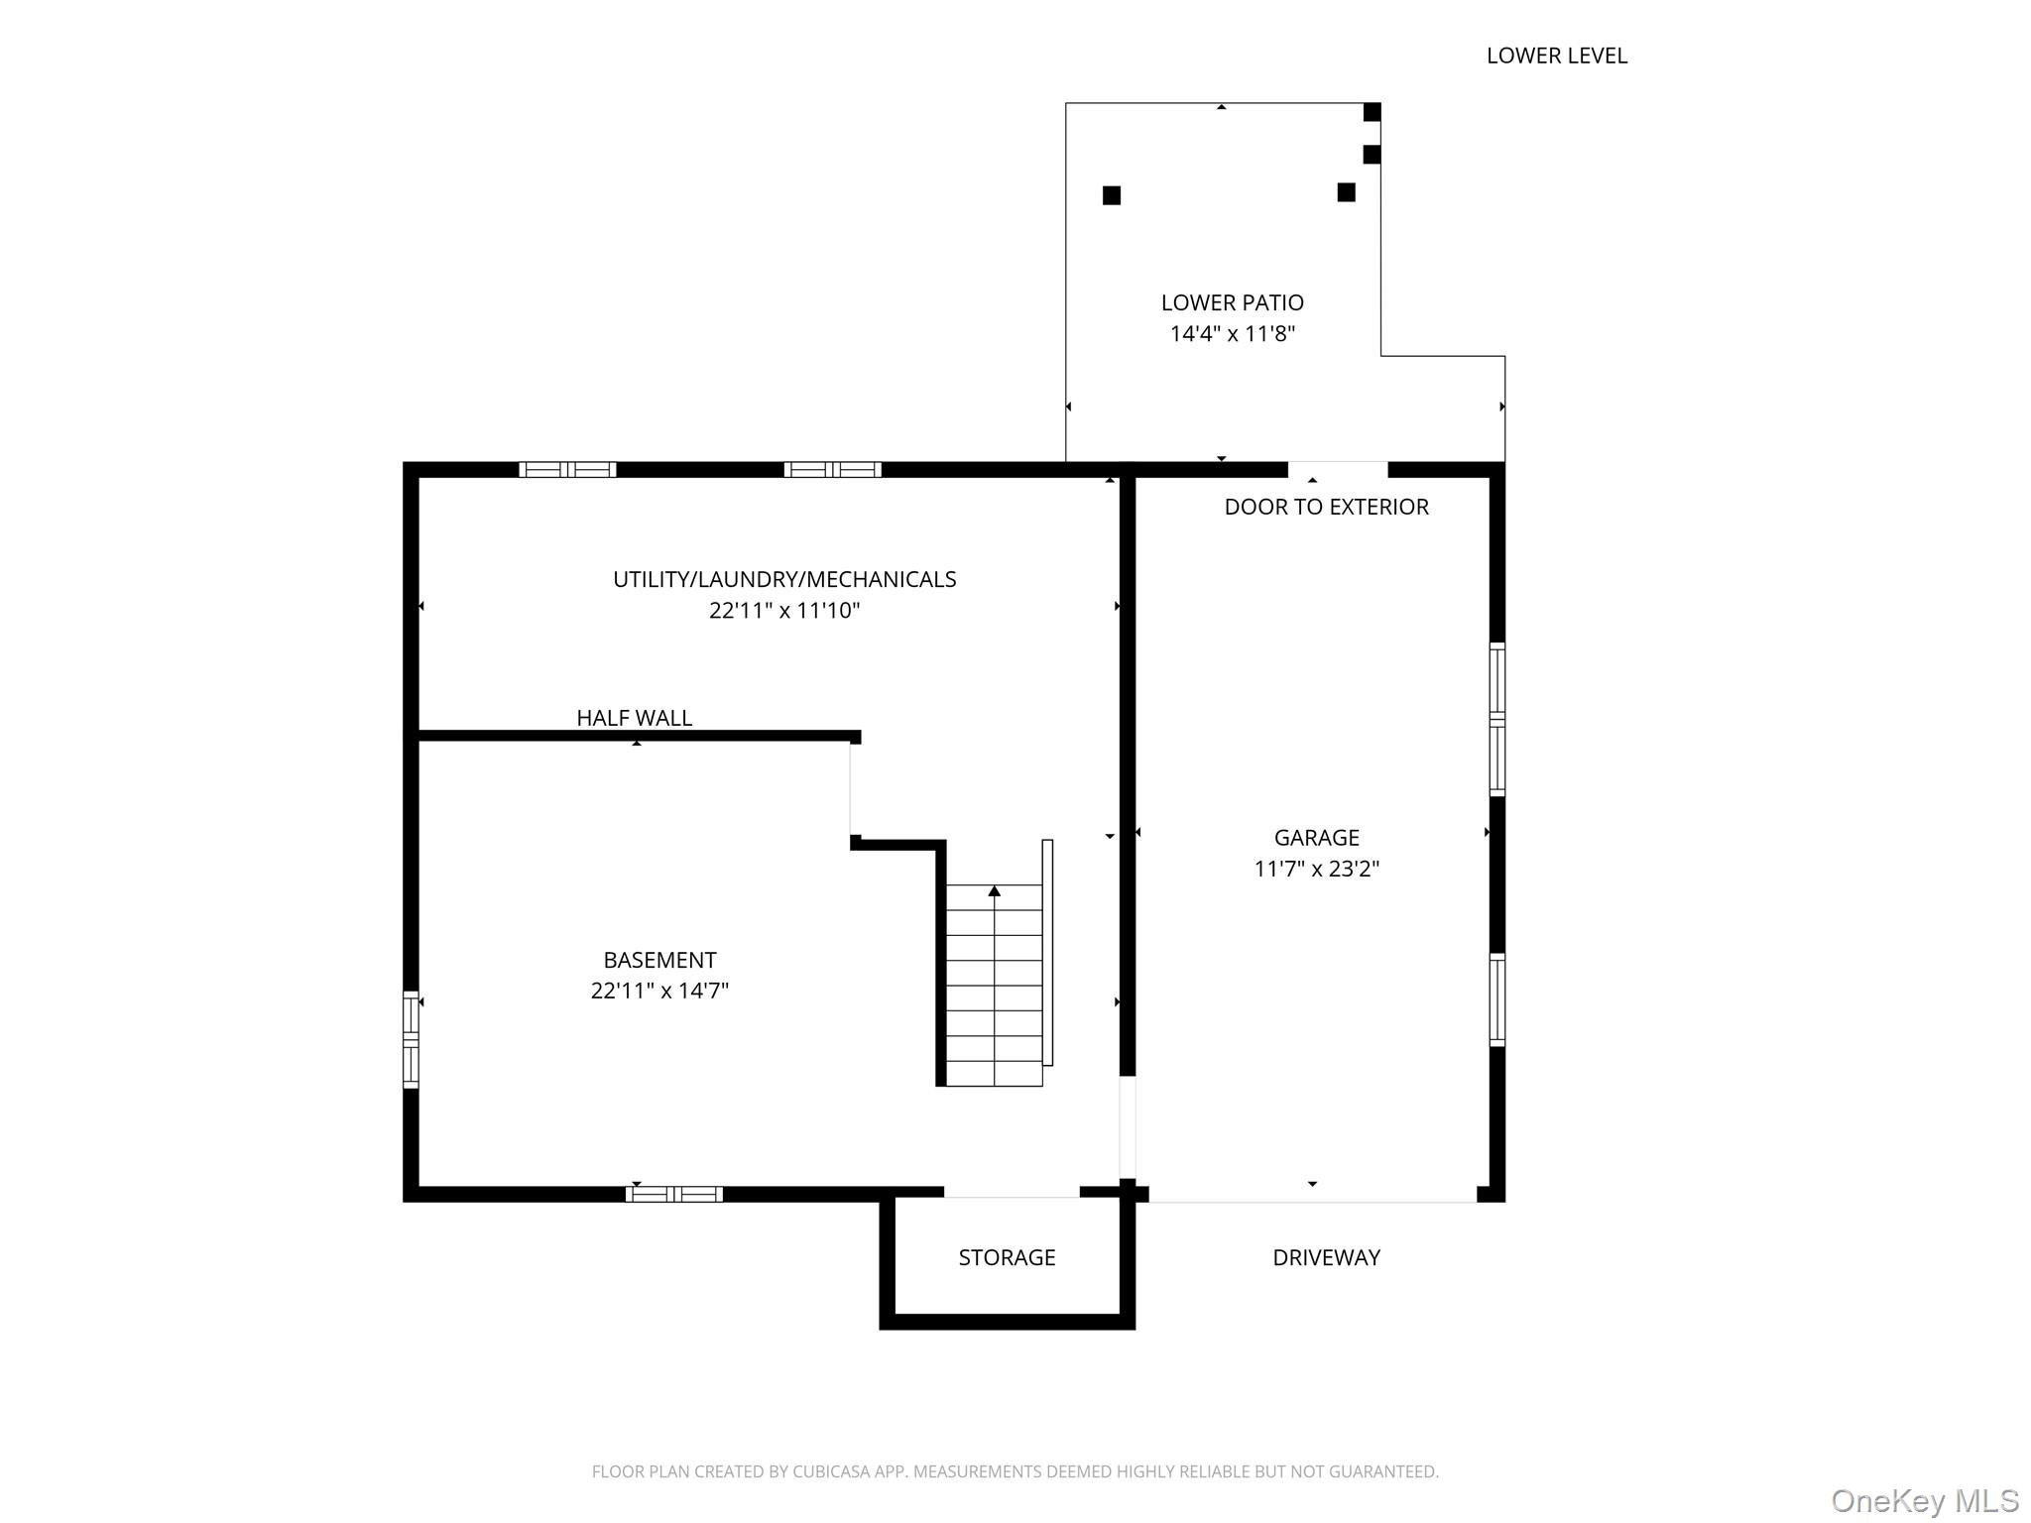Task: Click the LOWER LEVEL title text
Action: pyautogui.click(x=1556, y=57)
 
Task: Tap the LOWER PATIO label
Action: pyautogui.click(x=1232, y=302)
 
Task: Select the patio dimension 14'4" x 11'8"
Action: pyautogui.click(x=1232, y=334)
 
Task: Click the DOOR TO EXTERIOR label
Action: pyautogui.click(x=1326, y=507)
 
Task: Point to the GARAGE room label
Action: pyautogui.click(x=1316, y=838)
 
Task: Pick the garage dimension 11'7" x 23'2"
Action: pyautogui.click(x=1316, y=870)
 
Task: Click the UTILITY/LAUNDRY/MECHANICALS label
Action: pyautogui.click(x=783, y=579)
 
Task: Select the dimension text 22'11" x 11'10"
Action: pyautogui.click(x=783, y=611)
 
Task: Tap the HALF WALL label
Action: pyautogui.click(x=634, y=718)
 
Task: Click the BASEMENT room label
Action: pyautogui.click(x=659, y=960)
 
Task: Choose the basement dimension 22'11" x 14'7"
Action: pyautogui.click(x=659, y=991)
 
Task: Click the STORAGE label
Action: pyautogui.click(x=1007, y=1257)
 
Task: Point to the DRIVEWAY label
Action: pyautogui.click(x=1326, y=1257)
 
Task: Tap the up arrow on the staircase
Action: pyautogui.click(x=994, y=891)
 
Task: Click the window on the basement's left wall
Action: pyautogui.click(x=411, y=1039)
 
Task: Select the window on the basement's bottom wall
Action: pyautogui.click(x=674, y=1194)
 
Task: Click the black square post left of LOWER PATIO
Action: pyautogui.click(x=1112, y=195)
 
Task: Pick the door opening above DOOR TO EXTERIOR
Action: pyautogui.click(x=1337, y=469)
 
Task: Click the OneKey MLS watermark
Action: pyautogui.click(x=1924, y=1500)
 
